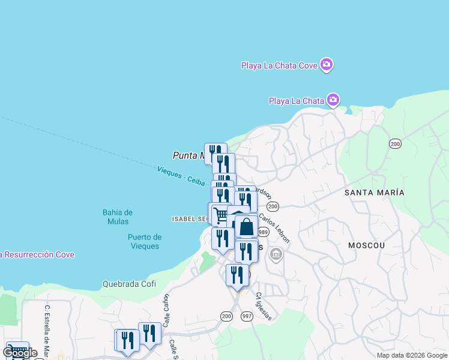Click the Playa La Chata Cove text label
coord(279,65)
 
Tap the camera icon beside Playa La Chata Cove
coord(327,64)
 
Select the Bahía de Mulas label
coord(117,217)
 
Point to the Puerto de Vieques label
coord(144,241)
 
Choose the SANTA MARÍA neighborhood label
coord(374,193)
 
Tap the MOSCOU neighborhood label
coord(366,245)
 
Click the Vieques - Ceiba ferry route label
coord(181,176)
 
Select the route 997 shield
coord(247,316)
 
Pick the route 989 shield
coord(263,232)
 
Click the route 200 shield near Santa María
coord(394,143)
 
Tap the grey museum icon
coord(276,254)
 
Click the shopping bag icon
coord(246,227)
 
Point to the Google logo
coord(20,353)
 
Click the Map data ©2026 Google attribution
coord(412,355)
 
